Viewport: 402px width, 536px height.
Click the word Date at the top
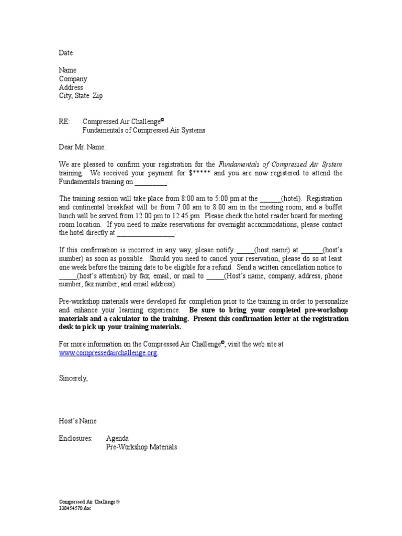[x=66, y=53]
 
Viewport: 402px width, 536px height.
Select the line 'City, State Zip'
[x=81, y=96]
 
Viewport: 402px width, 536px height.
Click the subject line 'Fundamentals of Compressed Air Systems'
[x=144, y=130]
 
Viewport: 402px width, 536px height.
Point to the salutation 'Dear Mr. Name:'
[x=82, y=148]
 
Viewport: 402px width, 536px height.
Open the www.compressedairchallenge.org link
[x=108, y=353]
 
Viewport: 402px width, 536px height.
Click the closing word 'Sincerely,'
[x=74, y=378]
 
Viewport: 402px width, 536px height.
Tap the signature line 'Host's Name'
[x=78, y=421]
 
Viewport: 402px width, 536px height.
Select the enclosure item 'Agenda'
[x=117, y=438]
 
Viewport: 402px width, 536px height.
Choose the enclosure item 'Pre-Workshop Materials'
[x=141, y=447]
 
